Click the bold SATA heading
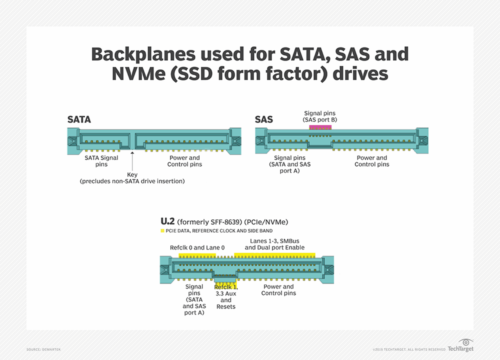pos(79,120)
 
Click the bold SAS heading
pos(264,120)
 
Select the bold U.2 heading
pos(168,221)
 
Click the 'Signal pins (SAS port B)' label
pos(320,117)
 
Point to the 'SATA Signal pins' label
pos(101,161)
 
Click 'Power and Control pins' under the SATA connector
pos(184,161)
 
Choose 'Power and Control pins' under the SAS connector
pos(371,161)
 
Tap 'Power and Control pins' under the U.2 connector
pos(278,290)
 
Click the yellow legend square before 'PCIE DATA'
pos(162,230)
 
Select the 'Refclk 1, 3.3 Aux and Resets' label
pos(226,297)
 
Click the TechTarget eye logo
pos(466,342)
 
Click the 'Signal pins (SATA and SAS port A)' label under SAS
pos(290,164)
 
